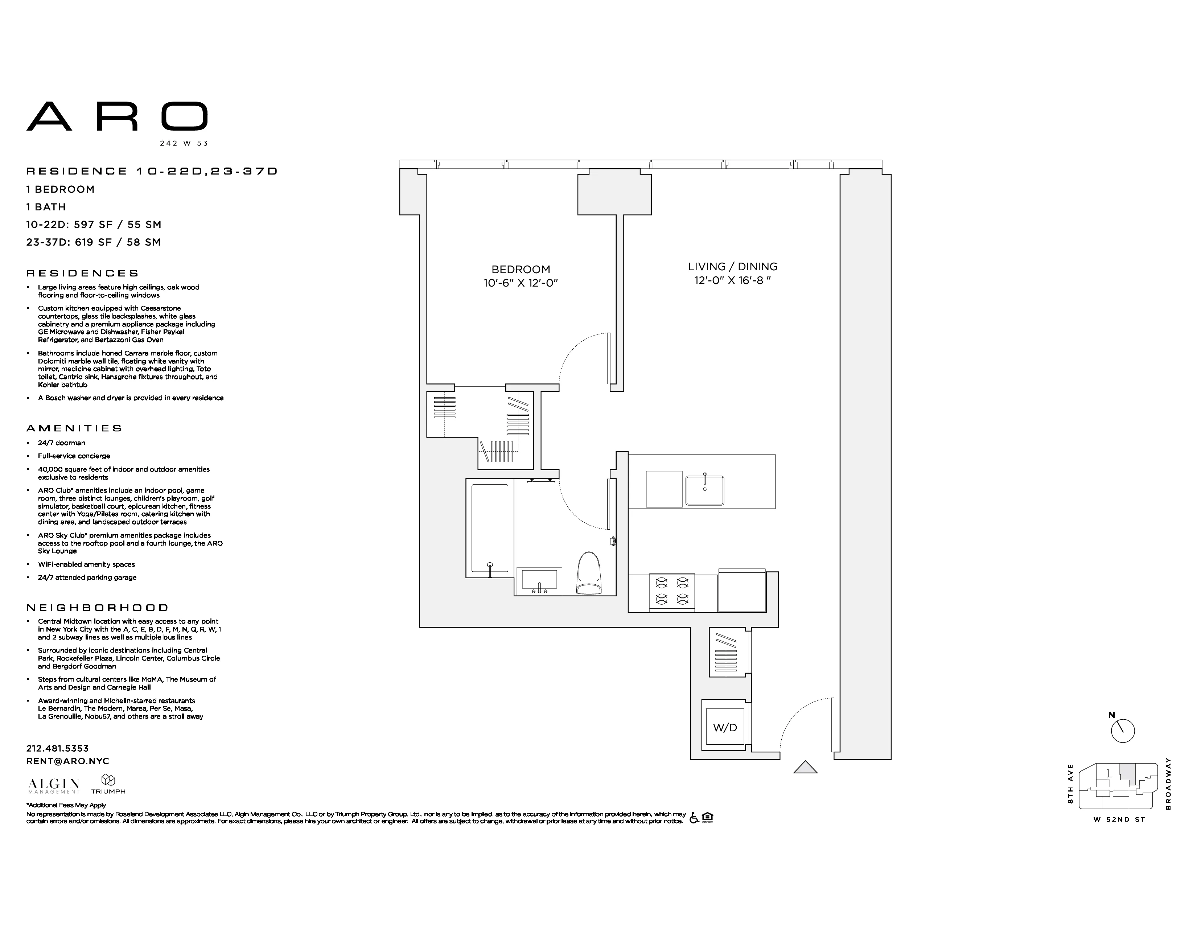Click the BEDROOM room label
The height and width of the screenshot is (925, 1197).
coord(520,269)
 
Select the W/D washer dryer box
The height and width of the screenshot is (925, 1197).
coord(725,727)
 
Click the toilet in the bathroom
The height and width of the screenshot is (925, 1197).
coord(589,574)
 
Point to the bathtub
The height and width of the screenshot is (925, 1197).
coord(489,528)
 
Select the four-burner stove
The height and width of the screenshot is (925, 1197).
coord(672,591)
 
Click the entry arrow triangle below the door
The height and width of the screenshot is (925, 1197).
coord(805,768)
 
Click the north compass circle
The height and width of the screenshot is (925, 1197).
coord(1123,731)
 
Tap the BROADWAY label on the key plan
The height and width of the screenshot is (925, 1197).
coord(1168,783)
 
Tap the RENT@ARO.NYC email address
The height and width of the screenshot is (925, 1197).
coord(67,761)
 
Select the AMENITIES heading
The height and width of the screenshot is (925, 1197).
coord(74,428)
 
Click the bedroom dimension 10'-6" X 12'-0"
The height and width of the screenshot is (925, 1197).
coord(520,283)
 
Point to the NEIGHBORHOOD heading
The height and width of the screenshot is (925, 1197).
coord(97,607)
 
